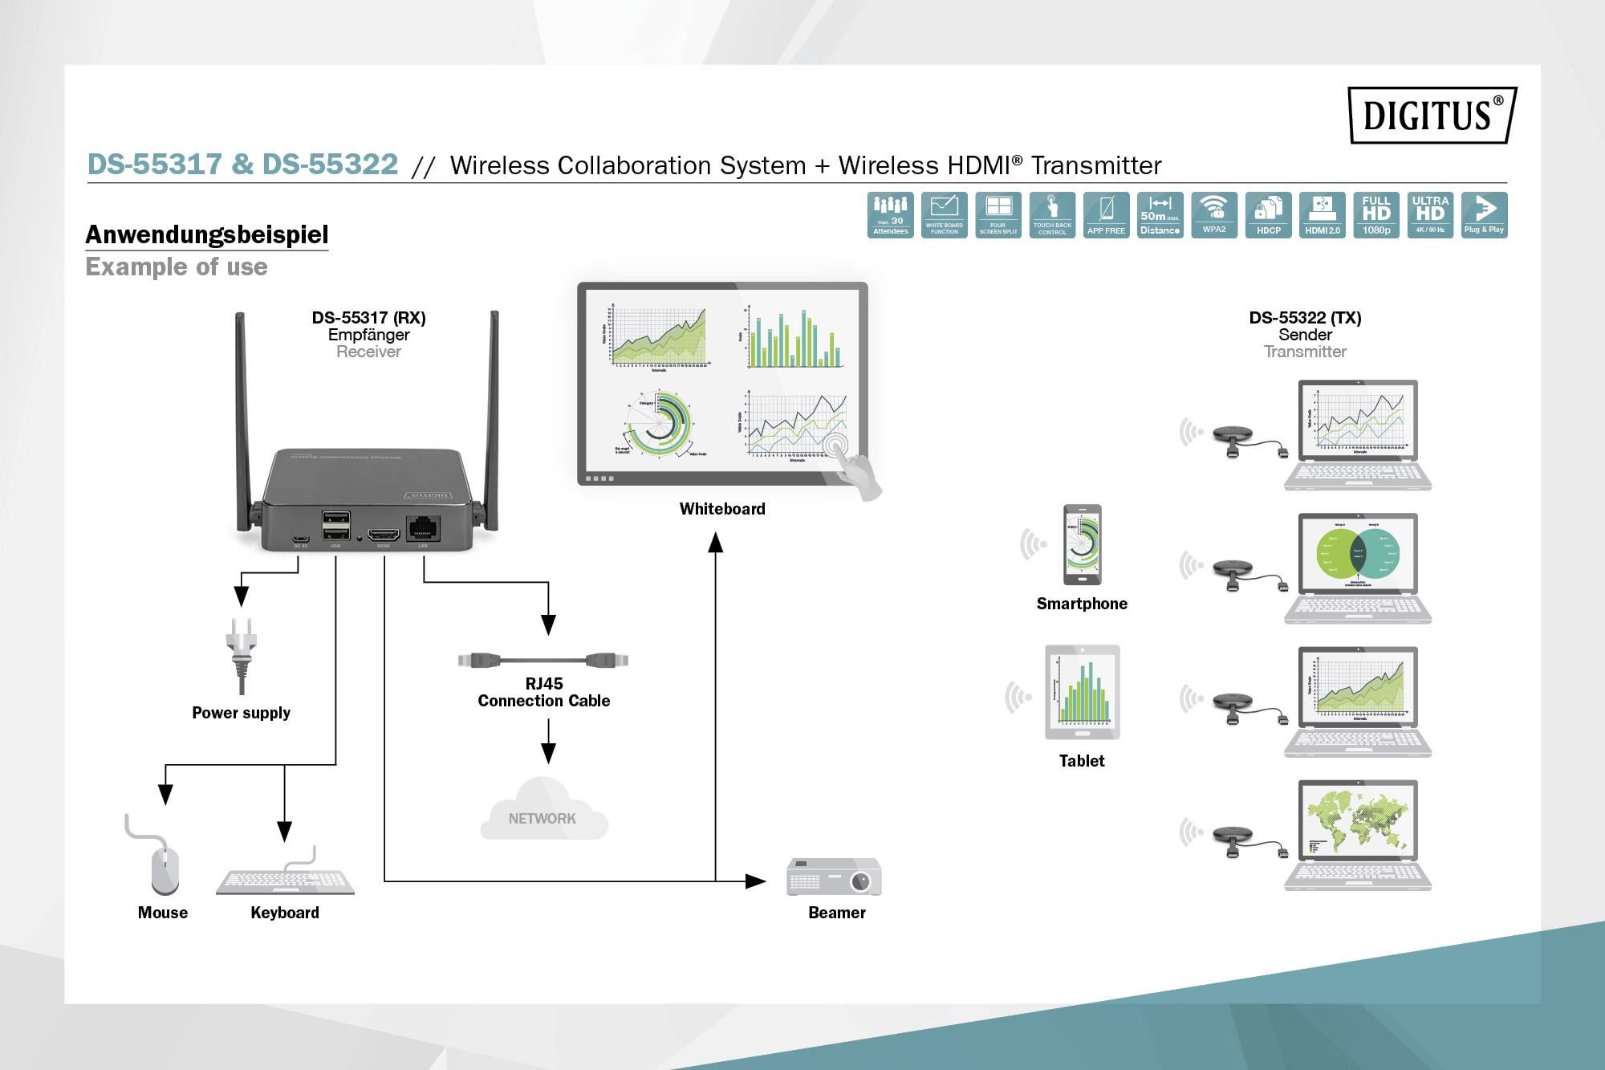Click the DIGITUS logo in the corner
(x=1432, y=115)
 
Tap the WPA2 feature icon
(x=1214, y=215)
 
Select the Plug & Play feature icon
(x=1484, y=215)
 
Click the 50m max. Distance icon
(x=1160, y=215)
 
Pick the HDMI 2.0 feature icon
(x=1323, y=215)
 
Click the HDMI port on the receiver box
(x=384, y=534)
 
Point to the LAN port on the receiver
(x=423, y=528)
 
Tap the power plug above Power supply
(x=241, y=654)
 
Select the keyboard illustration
(x=285, y=881)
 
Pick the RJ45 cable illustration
(x=543, y=660)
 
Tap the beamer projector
(x=834, y=877)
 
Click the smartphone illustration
(x=1082, y=544)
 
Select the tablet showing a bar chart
(x=1082, y=692)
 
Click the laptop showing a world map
(x=1357, y=835)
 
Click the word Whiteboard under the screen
(x=722, y=509)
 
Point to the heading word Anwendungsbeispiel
(x=207, y=234)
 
